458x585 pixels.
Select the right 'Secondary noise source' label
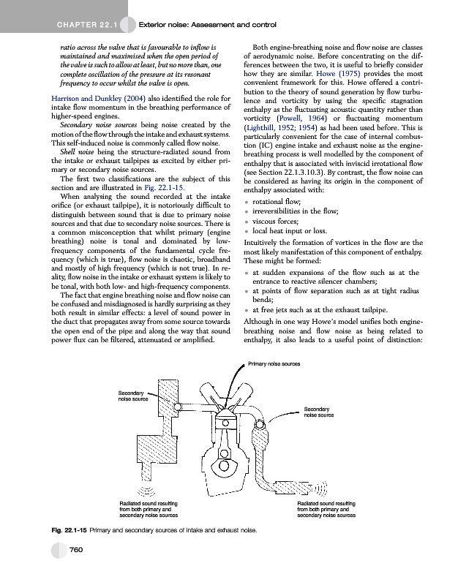click(x=319, y=412)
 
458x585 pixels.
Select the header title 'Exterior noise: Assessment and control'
click(x=206, y=26)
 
